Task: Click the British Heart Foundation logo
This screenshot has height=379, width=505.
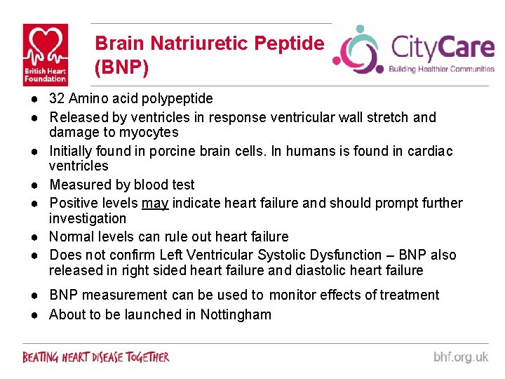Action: (x=46, y=54)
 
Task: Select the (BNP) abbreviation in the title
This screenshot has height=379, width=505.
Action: (x=122, y=68)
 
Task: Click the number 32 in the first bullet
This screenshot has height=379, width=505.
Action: (x=57, y=99)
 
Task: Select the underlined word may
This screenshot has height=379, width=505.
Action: (x=154, y=204)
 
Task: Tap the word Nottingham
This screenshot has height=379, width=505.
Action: (x=236, y=314)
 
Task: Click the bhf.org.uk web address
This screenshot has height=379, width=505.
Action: (x=460, y=357)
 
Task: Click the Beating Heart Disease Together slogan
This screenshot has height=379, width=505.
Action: (x=96, y=357)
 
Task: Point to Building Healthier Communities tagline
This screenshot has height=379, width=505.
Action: (x=442, y=69)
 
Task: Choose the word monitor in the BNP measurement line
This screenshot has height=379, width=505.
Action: (x=293, y=295)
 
